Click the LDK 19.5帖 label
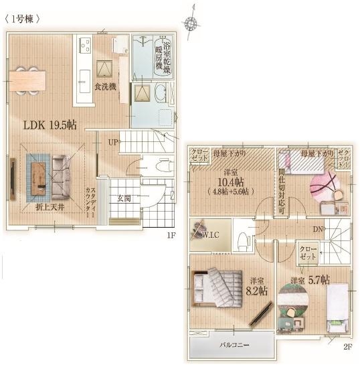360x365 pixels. [50, 125]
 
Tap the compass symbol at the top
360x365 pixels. [192, 23]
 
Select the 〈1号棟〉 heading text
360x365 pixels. [25, 19]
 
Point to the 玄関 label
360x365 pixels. [124, 198]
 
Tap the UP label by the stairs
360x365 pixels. [114, 143]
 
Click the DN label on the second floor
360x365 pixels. [317, 228]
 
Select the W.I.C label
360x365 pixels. [213, 235]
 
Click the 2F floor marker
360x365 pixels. [347, 347]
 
